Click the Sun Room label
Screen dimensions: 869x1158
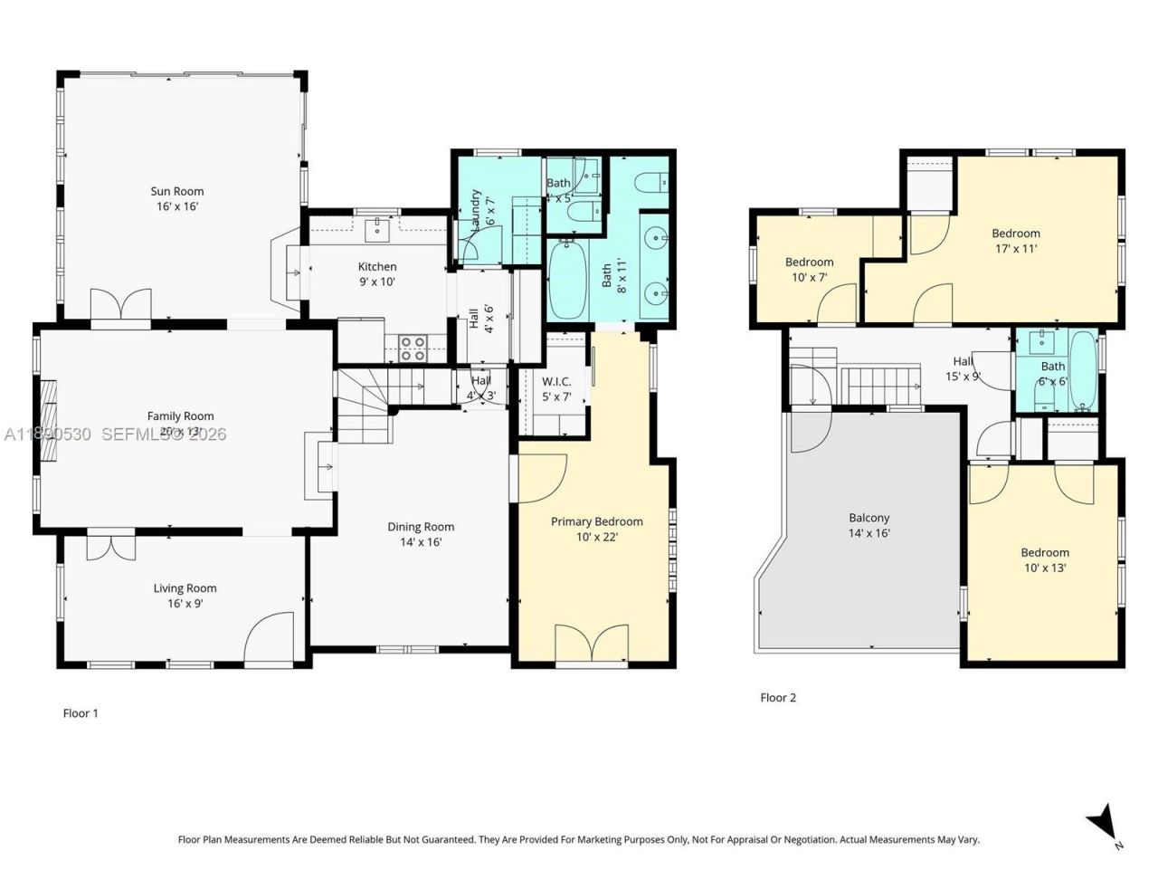pos(177,191)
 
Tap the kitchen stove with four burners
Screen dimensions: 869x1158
pos(413,348)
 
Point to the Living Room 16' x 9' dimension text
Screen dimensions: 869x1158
pos(185,604)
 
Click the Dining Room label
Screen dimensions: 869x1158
pos(421,527)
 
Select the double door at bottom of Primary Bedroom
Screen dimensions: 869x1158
pos(592,645)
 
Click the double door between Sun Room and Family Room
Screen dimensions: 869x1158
pos(120,305)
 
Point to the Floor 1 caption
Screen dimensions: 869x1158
pos(81,713)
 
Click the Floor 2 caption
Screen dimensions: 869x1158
pos(778,698)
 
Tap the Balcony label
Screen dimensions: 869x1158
pos(868,518)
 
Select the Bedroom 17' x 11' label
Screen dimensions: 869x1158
pos(1015,233)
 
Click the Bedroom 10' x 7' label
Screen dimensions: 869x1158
pos(809,263)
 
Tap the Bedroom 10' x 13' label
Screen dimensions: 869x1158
pos(1045,552)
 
